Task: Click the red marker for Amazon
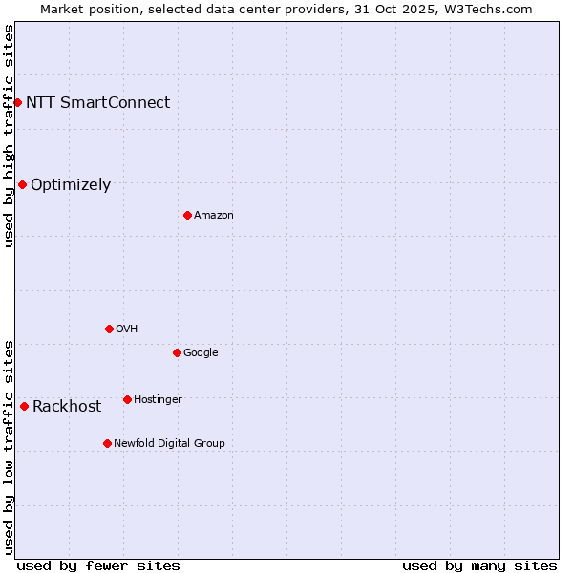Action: (187, 215)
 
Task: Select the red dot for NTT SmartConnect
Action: (17, 102)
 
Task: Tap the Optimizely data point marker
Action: (22, 184)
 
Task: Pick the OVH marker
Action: (109, 329)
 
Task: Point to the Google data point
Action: (177, 352)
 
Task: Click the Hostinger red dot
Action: (127, 399)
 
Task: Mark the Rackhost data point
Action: (24, 406)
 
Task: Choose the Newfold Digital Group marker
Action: (107, 443)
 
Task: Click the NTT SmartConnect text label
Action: (97, 103)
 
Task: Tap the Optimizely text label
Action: (71, 185)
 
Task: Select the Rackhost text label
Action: (67, 407)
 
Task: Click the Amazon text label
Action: (214, 216)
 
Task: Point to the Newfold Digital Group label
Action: (169, 443)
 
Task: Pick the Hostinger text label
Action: (158, 399)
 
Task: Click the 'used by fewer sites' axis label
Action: (98, 565)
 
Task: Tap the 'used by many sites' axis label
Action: (479, 565)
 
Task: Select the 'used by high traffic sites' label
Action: (10, 136)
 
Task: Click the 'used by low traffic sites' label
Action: (10, 446)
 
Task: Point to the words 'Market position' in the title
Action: (85, 9)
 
